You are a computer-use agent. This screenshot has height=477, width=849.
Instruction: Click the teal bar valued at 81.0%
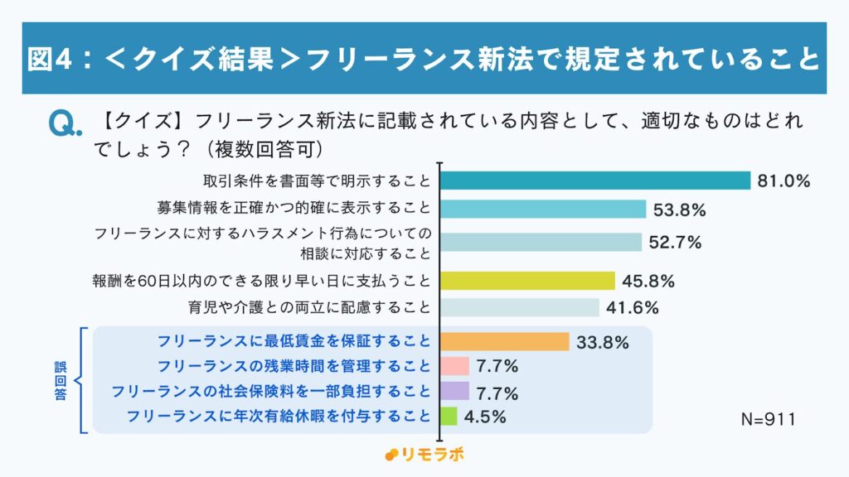pyautogui.click(x=594, y=181)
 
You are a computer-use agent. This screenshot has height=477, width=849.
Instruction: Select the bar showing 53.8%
pyautogui.click(x=542, y=210)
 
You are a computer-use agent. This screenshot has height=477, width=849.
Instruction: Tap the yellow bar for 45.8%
pyautogui.click(x=527, y=281)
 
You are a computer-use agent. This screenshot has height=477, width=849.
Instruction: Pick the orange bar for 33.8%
pyautogui.click(x=504, y=341)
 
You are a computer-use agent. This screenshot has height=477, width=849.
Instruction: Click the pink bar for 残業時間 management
pyautogui.click(x=454, y=366)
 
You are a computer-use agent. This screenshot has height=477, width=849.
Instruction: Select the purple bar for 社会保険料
pyautogui.click(x=454, y=391)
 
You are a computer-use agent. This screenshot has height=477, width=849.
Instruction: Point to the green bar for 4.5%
pyautogui.click(x=449, y=416)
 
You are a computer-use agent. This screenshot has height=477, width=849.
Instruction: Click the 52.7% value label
pyautogui.click(x=676, y=242)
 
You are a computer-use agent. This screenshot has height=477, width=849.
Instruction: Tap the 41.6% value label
pyautogui.click(x=633, y=308)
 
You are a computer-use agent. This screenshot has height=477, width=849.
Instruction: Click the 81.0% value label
pyautogui.click(x=783, y=181)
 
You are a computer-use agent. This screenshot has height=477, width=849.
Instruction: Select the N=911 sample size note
pyautogui.click(x=768, y=420)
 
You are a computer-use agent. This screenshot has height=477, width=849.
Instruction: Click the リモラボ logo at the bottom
pyautogui.click(x=424, y=455)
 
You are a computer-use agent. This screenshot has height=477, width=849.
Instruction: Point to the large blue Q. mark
pyautogui.click(x=65, y=124)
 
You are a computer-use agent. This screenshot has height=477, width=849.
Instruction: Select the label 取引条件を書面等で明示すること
pyautogui.click(x=317, y=181)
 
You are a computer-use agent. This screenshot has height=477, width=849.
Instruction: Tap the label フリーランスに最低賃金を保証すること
pyautogui.click(x=294, y=341)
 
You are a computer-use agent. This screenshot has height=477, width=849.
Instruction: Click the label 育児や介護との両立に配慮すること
pyautogui.click(x=310, y=308)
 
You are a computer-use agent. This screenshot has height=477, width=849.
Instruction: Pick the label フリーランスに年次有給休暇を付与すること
pyautogui.click(x=279, y=416)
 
